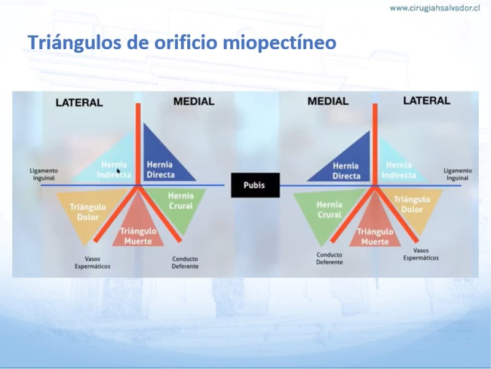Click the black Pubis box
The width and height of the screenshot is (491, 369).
[x=255, y=185]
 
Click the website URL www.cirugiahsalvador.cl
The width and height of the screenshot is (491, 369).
[x=435, y=8]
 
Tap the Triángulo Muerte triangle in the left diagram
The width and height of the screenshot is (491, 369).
[x=137, y=229]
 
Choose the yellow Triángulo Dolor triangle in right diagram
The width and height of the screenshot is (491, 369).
[x=413, y=207]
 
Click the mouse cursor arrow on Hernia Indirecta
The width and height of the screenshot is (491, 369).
[x=118, y=172]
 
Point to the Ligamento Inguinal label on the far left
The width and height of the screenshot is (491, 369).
[x=44, y=175]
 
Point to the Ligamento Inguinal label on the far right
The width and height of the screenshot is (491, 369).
[x=457, y=175]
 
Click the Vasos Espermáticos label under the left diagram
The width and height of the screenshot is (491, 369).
[x=93, y=263]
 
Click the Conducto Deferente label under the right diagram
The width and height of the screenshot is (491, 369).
[x=330, y=258]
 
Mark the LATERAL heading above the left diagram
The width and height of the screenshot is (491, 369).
[x=79, y=103]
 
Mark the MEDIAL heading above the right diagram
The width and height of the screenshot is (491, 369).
[x=328, y=101]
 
